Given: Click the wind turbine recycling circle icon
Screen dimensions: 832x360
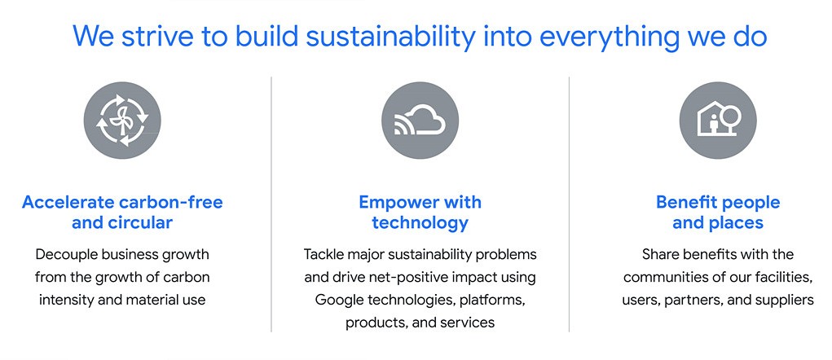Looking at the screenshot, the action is pos(122,121).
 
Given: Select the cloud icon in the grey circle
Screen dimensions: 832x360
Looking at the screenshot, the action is pos(420,121).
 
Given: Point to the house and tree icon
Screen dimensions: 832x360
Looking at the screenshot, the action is pos(718,121).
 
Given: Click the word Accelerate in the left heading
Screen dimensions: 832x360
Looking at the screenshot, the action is pos(68,202).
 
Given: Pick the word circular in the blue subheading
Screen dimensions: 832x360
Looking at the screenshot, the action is pos(140,222).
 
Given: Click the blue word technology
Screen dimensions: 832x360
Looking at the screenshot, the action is pos(420,222).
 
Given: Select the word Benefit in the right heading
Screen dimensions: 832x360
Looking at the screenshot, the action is pos(688,202).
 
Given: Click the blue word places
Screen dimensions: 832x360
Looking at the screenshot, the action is pos(736,222).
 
